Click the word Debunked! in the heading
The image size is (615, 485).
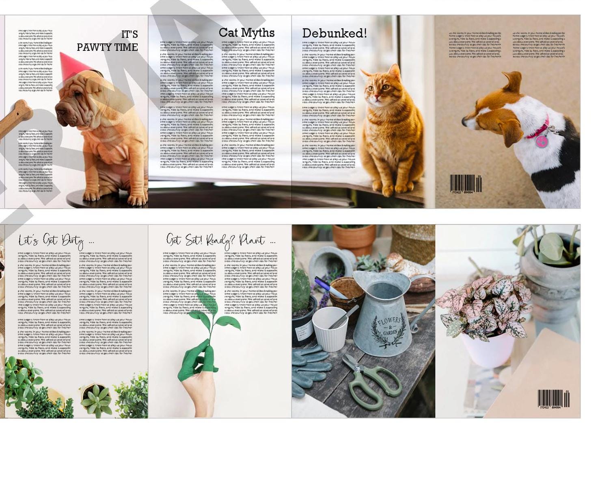pyautogui.click(x=334, y=33)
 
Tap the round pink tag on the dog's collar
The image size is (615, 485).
pyautogui.click(x=541, y=141)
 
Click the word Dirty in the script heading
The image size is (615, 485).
pyautogui.click(x=73, y=241)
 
